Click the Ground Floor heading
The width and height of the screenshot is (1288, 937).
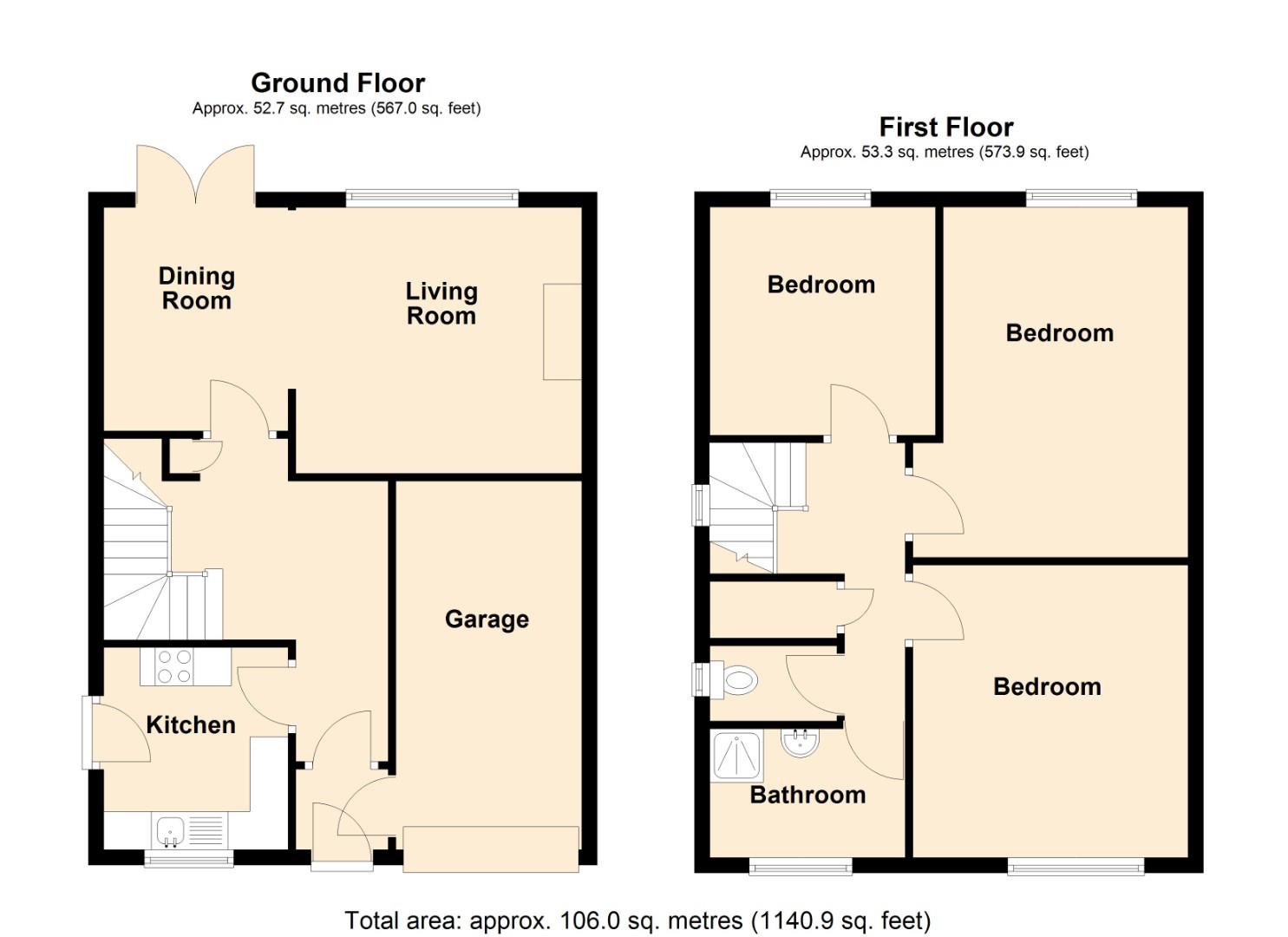point(337,83)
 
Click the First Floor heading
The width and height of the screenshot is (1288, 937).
point(945,128)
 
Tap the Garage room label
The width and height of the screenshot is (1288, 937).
point(487,619)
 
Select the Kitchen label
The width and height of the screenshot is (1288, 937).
point(191,725)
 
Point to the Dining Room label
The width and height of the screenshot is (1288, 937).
point(197,289)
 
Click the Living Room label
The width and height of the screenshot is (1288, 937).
point(441,304)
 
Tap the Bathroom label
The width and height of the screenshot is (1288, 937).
point(807,795)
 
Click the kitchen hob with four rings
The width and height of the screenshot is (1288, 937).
point(174,666)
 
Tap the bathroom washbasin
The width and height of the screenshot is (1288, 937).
point(800,743)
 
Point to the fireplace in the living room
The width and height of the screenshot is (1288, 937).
point(562,331)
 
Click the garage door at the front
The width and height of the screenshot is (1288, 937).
point(491,848)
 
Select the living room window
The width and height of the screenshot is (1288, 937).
point(432,199)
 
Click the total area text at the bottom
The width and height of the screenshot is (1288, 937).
point(637,921)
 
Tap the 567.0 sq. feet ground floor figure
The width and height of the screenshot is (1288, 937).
point(425,108)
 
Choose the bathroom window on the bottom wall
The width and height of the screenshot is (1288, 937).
point(801,866)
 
